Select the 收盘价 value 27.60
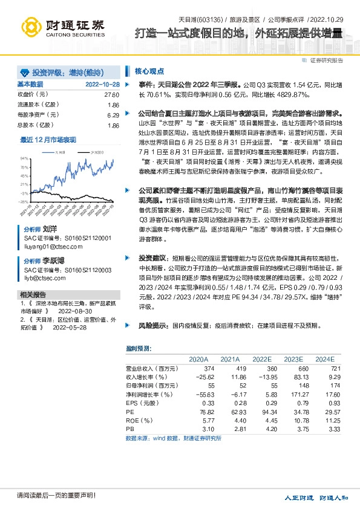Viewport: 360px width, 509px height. (112, 95)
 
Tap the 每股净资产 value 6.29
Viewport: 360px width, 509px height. (113, 115)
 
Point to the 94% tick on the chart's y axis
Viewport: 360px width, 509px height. (24, 157)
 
